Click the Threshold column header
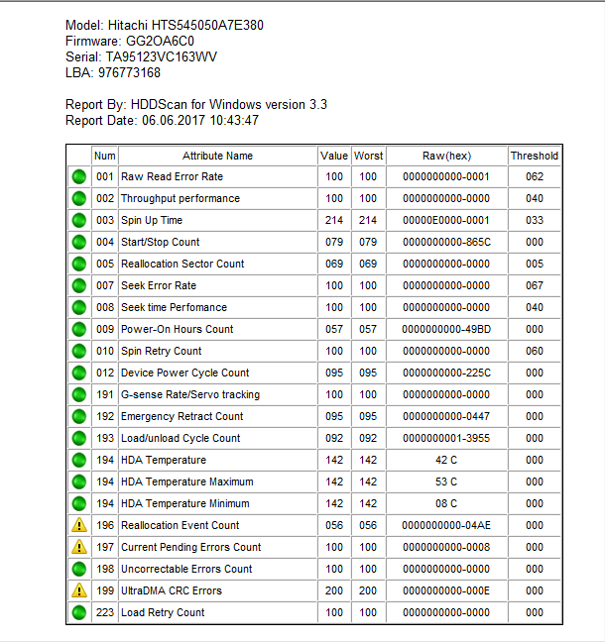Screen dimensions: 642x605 point(535,156)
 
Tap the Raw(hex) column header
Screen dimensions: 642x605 point(446,156)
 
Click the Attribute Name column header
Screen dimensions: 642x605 point(217,156)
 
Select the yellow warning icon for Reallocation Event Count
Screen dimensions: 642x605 point(78,525)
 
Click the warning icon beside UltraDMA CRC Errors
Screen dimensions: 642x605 point(78,590)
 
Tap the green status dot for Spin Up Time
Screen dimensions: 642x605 point(78,220)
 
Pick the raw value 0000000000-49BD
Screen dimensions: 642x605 point(446,329)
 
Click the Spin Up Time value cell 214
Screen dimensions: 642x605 point(334,220)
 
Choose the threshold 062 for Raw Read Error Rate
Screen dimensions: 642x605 point(535,176)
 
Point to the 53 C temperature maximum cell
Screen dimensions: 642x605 point(446,481)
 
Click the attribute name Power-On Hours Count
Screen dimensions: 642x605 point(178,329)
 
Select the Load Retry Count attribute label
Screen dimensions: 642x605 point(163,612)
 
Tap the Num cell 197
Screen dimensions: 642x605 point(105,547)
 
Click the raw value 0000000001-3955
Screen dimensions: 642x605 point(446,438)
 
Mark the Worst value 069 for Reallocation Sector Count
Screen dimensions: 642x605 point(368,264)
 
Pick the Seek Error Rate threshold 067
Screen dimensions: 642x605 point(535,285)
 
